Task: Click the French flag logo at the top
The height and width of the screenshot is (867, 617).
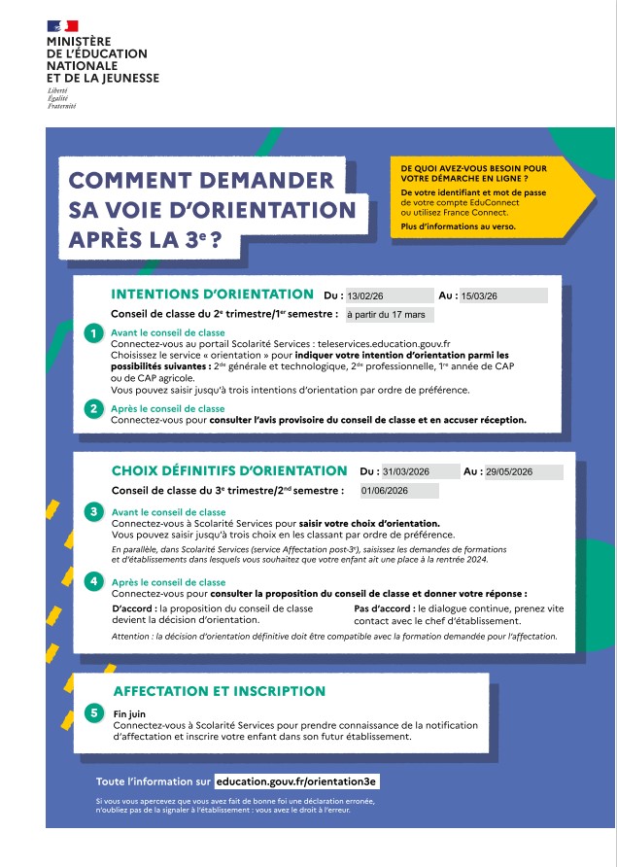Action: pyautogui.click(x=62, y=25)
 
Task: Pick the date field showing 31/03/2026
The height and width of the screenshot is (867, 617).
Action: pyautogui.click(x=419, y=471)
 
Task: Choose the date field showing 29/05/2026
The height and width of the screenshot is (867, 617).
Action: pyautogui.click(x=523, y=471)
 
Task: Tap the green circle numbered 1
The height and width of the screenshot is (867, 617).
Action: pyautogui.click(x=92, y=333)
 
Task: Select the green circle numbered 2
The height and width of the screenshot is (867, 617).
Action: pyautogui.click(x=92, y=409)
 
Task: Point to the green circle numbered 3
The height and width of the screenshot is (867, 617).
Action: pyautogui.click(x=92, y=511)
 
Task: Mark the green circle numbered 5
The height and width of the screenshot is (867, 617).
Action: pyautogui.click(x=92, y=713)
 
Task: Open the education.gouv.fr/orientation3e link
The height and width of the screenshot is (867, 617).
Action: pyautogui.click(x=296, y=780)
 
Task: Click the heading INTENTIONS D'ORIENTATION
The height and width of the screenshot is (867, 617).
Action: pyautogui.click(x=213, y=294)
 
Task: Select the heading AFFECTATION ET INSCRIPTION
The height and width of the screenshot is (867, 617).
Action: pyautogui.click(x=219, y=691)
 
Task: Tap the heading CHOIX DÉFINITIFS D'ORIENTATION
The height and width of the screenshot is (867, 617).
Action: pyautogui.click(x=229, y=470)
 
